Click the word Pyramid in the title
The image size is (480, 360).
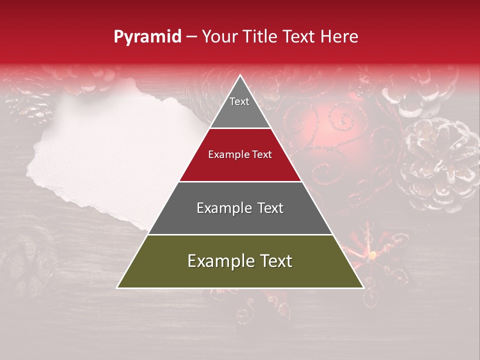coord(147,37)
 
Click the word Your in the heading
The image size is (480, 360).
coord(219,37)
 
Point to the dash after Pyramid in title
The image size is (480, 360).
coord(191,37)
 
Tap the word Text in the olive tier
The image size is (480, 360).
coord(274,261)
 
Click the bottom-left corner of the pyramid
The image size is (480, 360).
coord(117,287)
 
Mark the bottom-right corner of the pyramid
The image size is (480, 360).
coord(363,287)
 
